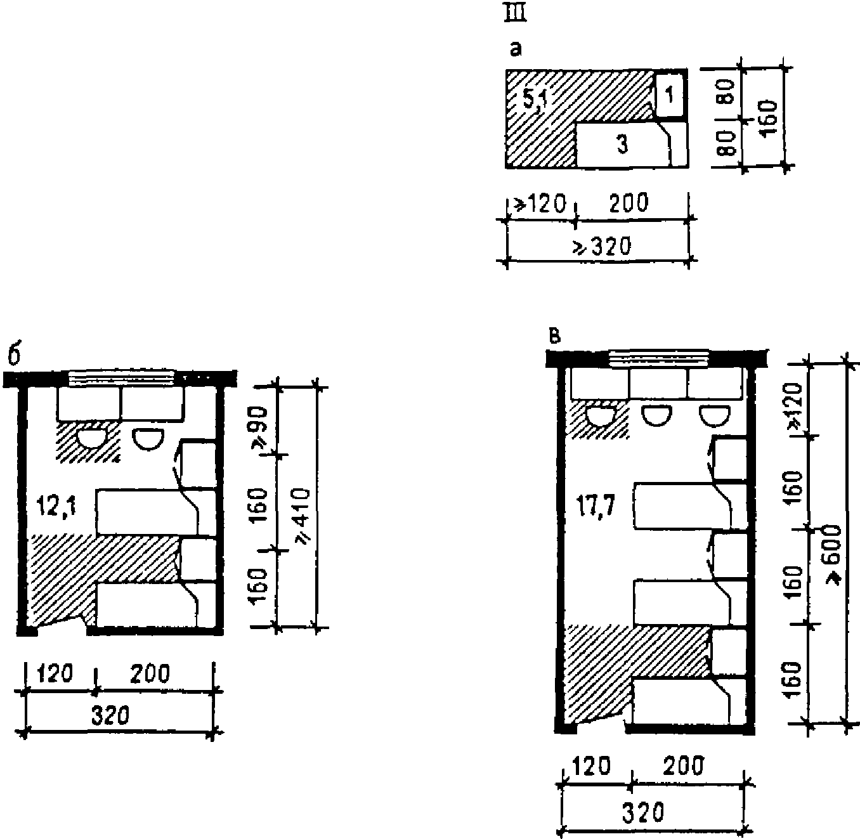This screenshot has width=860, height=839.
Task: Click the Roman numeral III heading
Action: click(515, 14)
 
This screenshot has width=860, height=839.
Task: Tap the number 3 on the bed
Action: click(622, 144)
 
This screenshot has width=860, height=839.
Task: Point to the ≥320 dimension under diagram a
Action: click(601, 247)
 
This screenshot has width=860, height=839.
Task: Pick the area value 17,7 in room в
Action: click(596, 507)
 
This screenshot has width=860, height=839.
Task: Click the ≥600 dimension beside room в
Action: click(834, 555)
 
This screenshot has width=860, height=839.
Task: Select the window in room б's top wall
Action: click(122, 378)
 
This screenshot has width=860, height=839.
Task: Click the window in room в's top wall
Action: click(659, 358)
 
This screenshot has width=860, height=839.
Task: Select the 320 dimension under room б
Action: click(110, 716)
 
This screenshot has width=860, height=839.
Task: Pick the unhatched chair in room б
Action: click(149, 439)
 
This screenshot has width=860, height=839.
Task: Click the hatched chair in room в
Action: click(601, 416)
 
